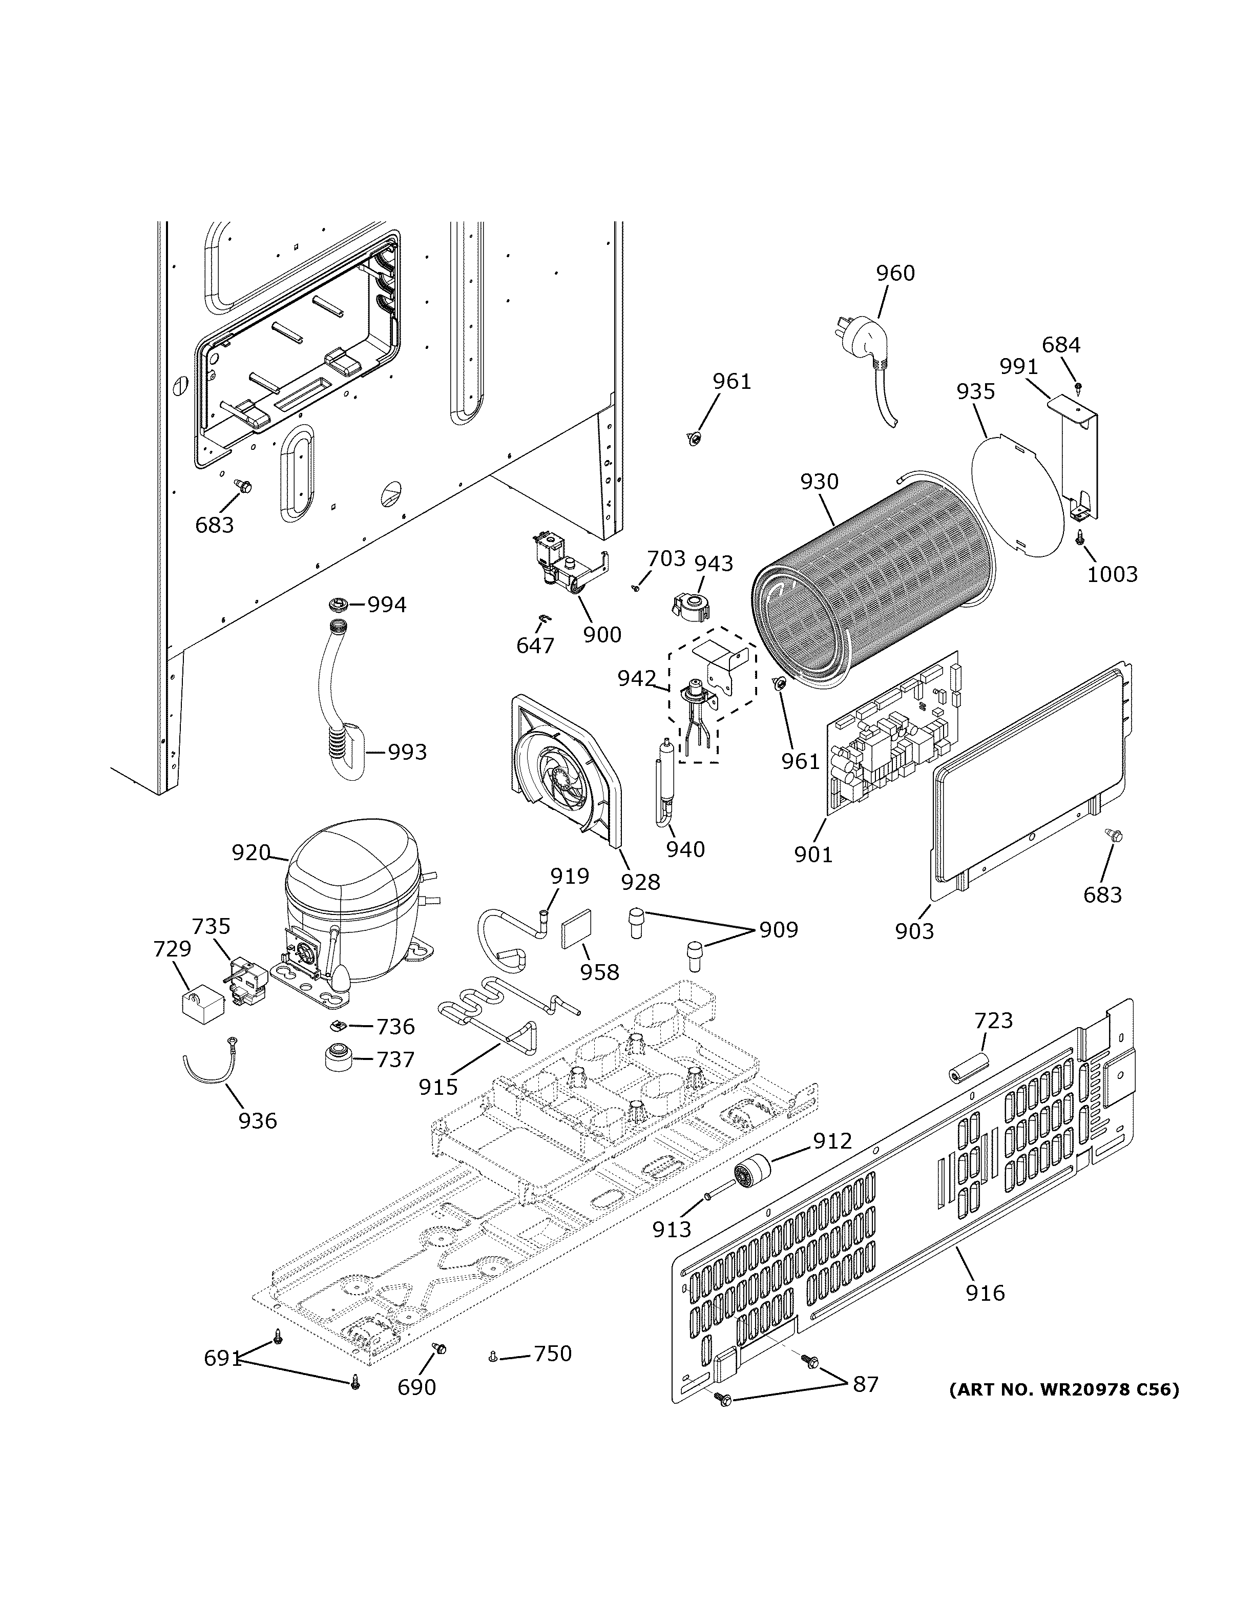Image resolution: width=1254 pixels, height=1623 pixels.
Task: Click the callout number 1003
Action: coord(1112,574)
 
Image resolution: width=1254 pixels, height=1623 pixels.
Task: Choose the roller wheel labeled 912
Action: coord(752,1174)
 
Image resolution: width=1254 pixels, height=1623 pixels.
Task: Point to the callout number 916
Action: coord(985,1293)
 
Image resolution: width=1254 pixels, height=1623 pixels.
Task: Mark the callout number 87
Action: coord(865,1384)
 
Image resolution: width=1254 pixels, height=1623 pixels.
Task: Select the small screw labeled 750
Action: coord(493,1357)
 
